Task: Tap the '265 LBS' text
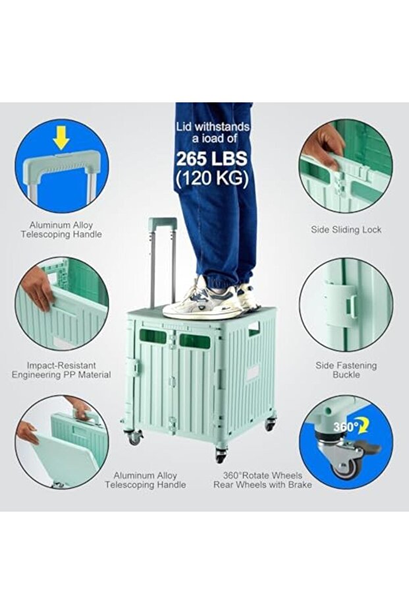(x=212, y=159)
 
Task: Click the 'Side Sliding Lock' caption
(x=346, y=230)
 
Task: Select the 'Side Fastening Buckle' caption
(x=346, y=370)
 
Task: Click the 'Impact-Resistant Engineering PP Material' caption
(x=61, y=370)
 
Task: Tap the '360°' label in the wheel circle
(x=344, y=427)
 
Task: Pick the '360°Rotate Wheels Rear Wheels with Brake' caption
(x=262, y=480)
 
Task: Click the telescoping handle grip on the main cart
(x=163, y=224)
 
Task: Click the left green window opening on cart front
(x=153, y=336)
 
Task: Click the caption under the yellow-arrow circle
(x=61, y=230)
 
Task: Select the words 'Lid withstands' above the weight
(x=212, y=127)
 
